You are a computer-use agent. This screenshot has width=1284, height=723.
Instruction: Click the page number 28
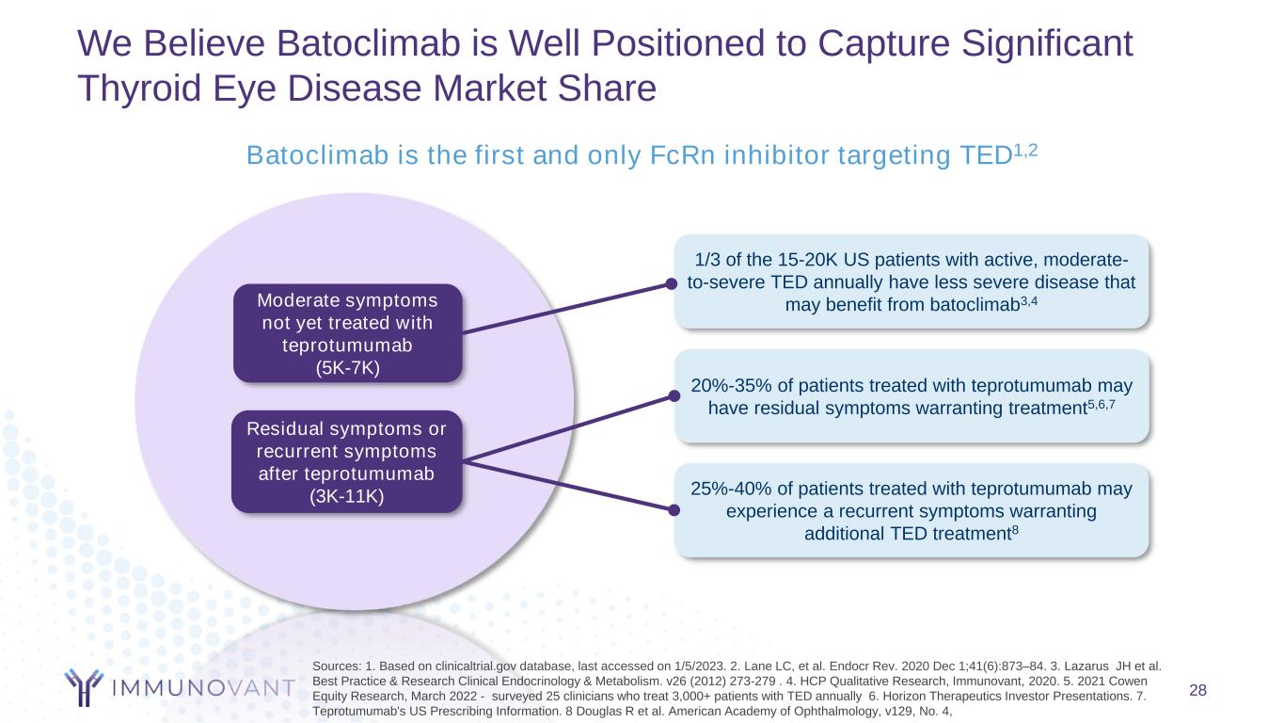pos(1197,691)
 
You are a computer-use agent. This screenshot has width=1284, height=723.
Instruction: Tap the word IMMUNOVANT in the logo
pos(201,687)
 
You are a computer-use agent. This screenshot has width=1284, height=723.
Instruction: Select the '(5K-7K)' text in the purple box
pos(348,367)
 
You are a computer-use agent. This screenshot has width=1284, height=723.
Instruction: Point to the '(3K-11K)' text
pos(347,496)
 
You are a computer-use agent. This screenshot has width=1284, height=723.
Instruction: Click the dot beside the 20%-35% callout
pos(672,396)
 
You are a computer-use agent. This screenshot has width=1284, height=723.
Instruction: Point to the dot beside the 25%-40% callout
pos(674,510)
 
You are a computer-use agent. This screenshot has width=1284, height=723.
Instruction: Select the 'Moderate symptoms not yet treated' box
pos(348,333)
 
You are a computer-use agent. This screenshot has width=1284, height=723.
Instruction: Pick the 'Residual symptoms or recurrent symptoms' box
pos(347,461)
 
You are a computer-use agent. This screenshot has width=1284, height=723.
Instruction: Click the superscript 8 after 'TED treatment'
pos(1016,529)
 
